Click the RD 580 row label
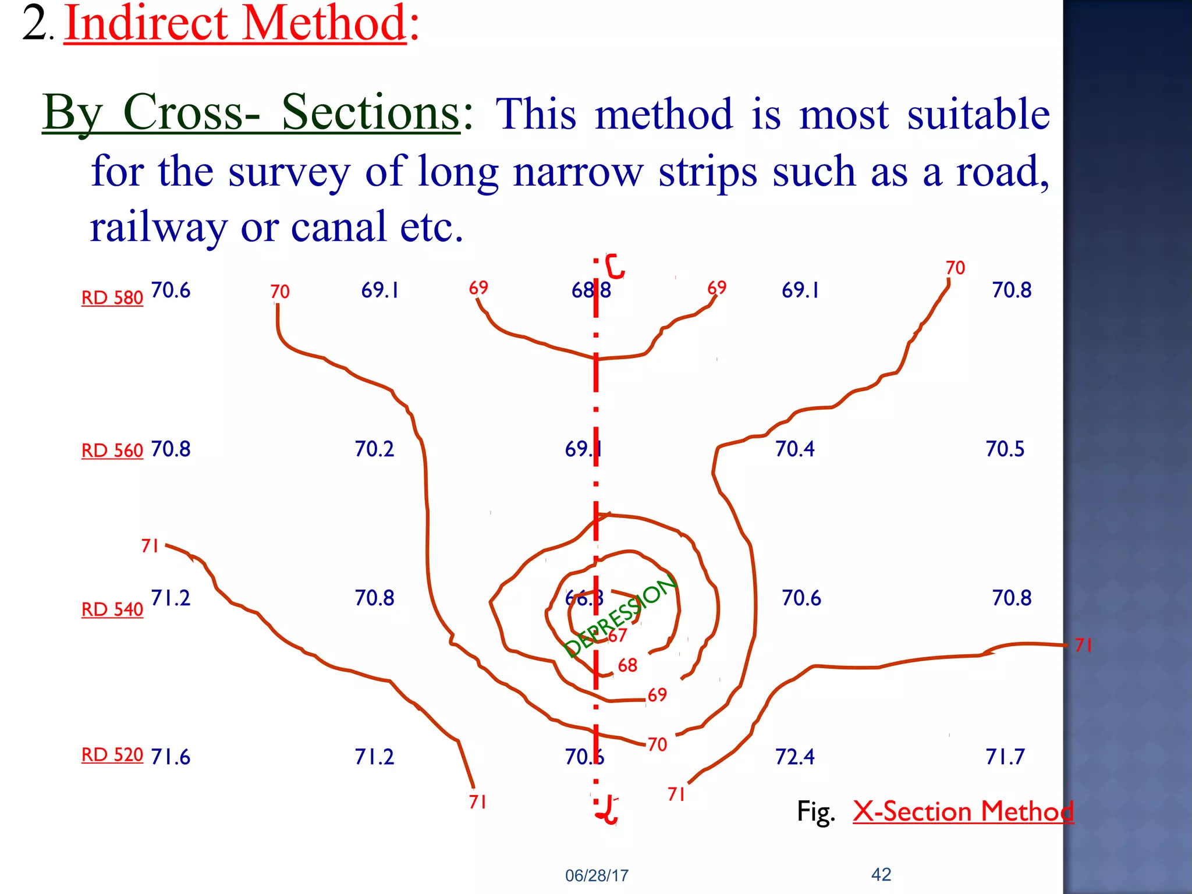pyautogui.click(x=112, y=297)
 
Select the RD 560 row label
pyautogui.click(x=112, y=450)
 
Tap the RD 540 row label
pyautogui.click(x=112, y=609)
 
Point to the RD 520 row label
pyautogui.click(x=112, y=754)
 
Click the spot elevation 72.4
pyautogui.click(x=795, y=757)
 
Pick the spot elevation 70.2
pyautogui.click(x=374, y=449)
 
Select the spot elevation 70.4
pyautogui.click(x=795, y=449)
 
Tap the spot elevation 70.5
pyautogui.click(x=1005, y=449)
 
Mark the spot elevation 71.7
pyautogui.click(x=1005, y=757)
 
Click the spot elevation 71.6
pyautogui.click(x=171, y=757)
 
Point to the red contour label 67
pyautogui.click(x=618, y=635)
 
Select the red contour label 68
pyautogui.click(x=627, y=665)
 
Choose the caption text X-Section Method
pyautogui.click(x=963, y=811)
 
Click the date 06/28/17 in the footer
pyautogui.click(x=597, y=875)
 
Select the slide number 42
pyautogui.click(x=881, y=874)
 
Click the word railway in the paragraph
pyautogui.click(x=158, y=227)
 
